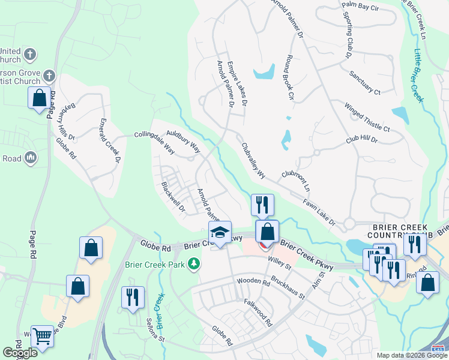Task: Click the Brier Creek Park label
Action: click(155, 263)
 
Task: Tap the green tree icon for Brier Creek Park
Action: click(193, 263)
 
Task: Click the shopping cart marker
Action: click(42, 337)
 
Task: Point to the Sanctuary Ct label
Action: click(365, 83)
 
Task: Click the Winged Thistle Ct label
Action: click(367, 117)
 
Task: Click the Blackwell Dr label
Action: click(173, 197)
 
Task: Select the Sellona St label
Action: click(155, 331)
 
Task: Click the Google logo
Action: click(20, 353)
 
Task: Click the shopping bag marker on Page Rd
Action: click(40, 98)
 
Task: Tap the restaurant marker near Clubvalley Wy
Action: click(262, 205)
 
